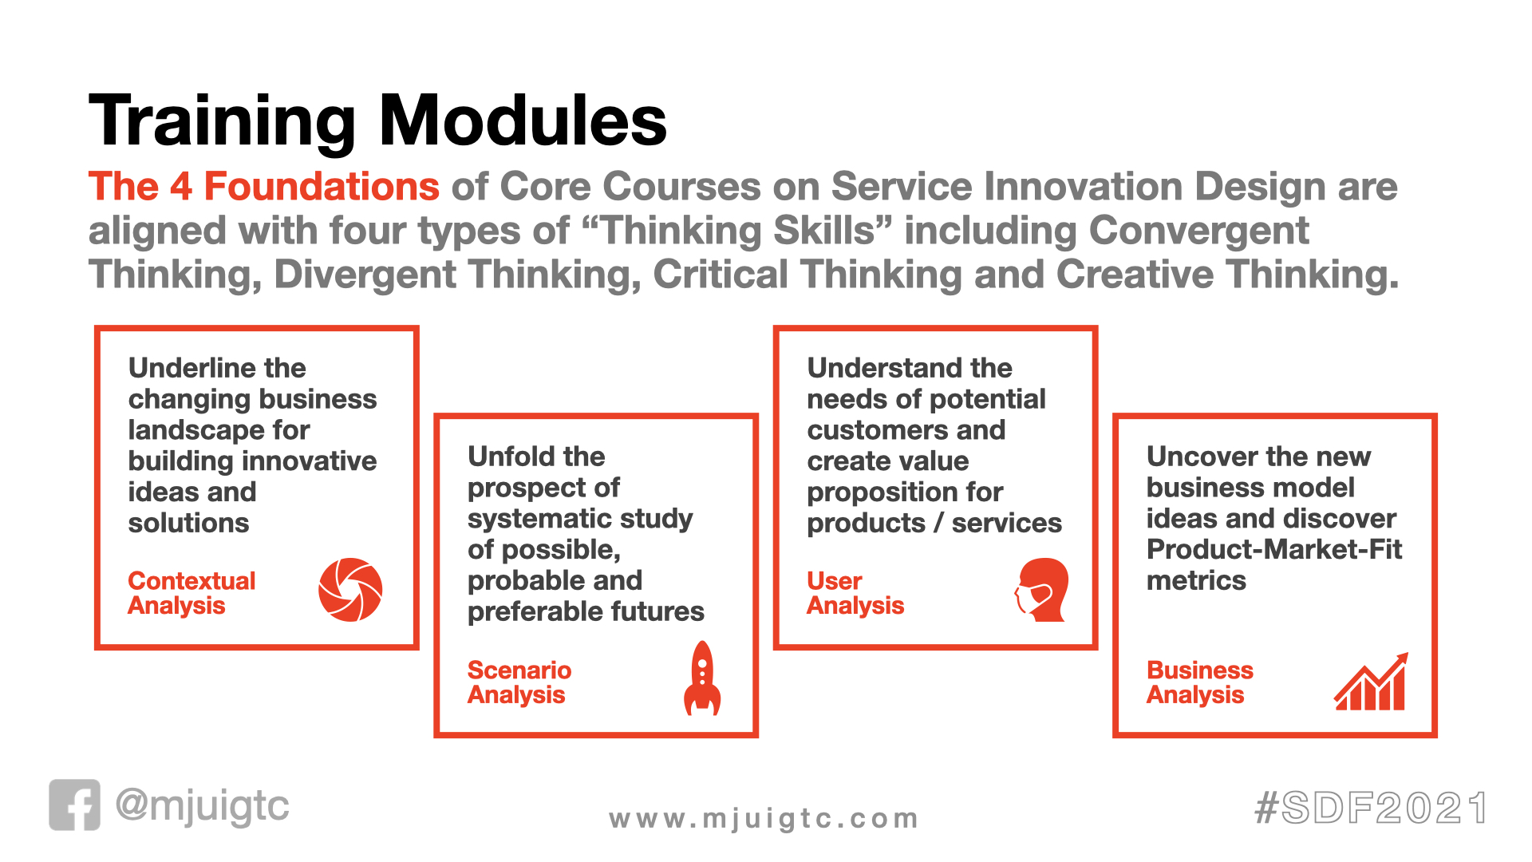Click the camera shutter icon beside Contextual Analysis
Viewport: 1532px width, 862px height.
pyautogui.click(x=350, y=590)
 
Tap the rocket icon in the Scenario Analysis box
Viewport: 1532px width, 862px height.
pyautogui.click(x=702, y=678)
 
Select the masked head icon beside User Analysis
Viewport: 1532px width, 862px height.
pyautogui.click(x=1042, y=590)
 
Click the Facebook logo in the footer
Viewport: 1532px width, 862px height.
pyautogui.click(x=75, y=805)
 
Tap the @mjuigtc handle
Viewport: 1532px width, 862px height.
pyautogui.click(x=202, y=806)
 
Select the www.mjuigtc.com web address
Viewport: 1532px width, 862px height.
pyautogui.click(x=764, y=819)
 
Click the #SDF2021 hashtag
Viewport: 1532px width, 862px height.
pyautogui.click(x=1371, y=808)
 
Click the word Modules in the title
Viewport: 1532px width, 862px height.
pyautogui.click(x=523, y=121)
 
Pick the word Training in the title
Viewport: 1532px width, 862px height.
pyautogui.click(x=222, y=122)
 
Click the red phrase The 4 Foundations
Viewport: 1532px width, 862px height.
pyautogui.click(x=264, y=186)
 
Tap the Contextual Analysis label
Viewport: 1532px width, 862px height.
pyautogui.click(x=191, y=593)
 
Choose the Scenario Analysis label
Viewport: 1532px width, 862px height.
pyautogui.click(x=519, y=682)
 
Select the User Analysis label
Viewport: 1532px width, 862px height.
pyautogui.click(x=855, y=593)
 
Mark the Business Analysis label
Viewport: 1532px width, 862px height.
pyautogui.click(x=1200, y=682)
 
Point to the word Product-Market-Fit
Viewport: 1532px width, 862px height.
pyautogui.click(x=1274, y=549)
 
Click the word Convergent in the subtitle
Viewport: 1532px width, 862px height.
pyautogui.click(x=1199, y=231)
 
